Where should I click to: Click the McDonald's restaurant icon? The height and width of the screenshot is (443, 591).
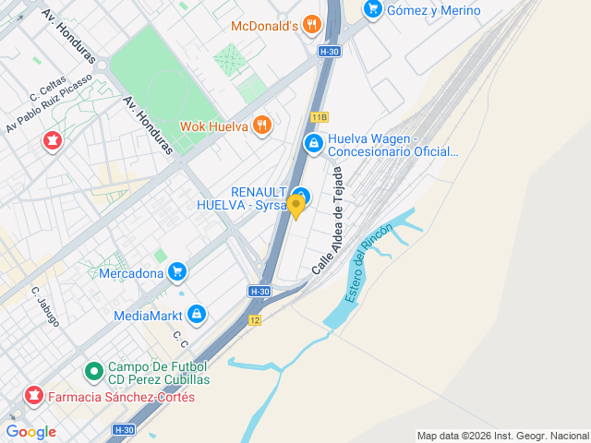312,25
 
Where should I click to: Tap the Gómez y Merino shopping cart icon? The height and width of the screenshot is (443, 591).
373,10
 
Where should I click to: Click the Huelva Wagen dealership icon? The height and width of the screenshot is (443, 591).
314,143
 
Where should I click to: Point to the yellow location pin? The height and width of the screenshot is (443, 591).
296,207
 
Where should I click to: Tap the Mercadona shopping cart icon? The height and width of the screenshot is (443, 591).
177,272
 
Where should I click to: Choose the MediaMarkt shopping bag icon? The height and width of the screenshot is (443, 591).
196,315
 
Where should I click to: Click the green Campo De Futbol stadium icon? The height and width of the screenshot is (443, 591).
93,372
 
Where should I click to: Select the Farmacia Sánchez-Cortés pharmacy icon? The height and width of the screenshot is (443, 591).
34,397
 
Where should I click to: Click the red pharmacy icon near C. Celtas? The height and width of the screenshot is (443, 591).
52,141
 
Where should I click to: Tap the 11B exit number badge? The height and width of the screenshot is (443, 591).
320,117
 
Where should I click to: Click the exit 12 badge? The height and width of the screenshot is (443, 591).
255,319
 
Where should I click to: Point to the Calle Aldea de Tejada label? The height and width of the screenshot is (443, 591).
329,221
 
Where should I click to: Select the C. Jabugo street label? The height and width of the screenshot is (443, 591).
45,306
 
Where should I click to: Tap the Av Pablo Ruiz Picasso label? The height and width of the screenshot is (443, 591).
50,102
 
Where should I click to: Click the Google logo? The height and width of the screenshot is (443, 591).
31,431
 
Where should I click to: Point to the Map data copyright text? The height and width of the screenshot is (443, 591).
501,436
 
